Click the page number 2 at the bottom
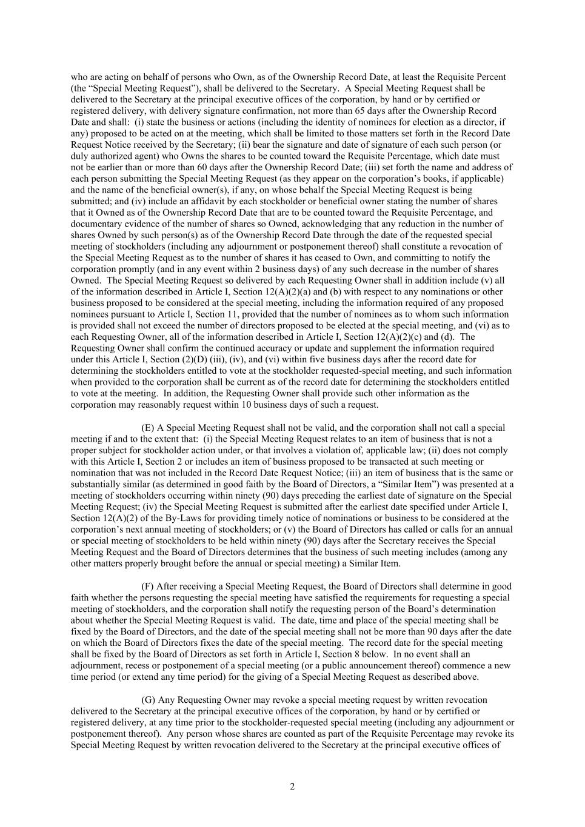[x=292, y=786]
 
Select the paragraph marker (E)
[x=148, y=428]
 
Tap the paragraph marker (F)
[x=147, y=586]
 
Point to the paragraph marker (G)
[x=149, y=700]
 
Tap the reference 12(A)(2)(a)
[x=293, y=291]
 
